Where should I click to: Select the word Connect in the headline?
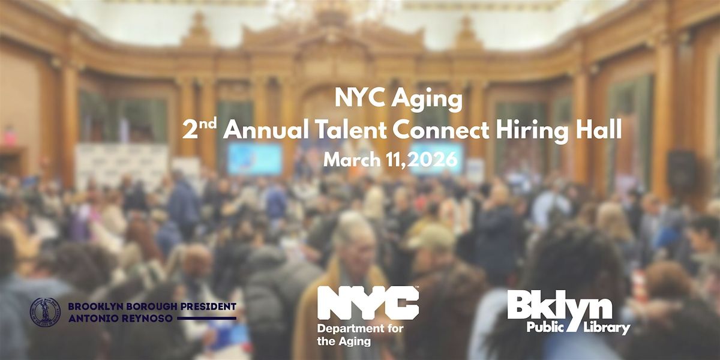[x=441, y=131]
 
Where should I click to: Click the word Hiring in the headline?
[x=535, y=131]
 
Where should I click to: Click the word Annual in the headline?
[x=265, y=130]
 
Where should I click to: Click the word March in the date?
[x=352, y=160]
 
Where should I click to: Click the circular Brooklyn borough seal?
[x=45, y=312]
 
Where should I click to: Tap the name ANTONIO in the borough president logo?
[x=92, y=319]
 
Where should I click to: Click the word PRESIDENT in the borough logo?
[x=208, y=307]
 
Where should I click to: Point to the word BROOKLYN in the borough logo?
[x=95, y=307]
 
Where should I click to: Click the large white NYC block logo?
[x=368, y=302]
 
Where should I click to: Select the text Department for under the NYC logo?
[x=360, y=329]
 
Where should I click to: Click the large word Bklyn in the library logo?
[x=560, y=307]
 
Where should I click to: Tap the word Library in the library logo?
[x=607, y=328]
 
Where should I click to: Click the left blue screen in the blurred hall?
[x=255, y=159]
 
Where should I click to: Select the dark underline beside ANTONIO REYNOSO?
[x=206, y=319]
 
